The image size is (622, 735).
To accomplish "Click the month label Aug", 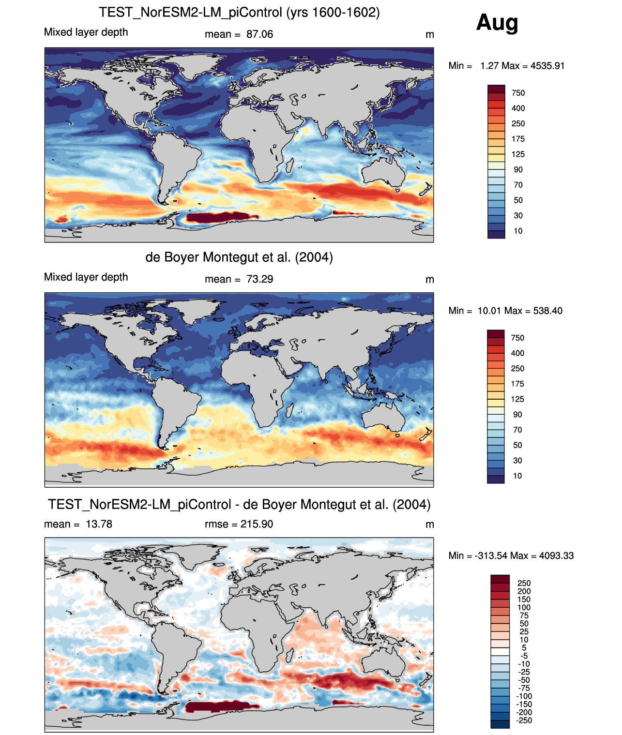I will (497, 22).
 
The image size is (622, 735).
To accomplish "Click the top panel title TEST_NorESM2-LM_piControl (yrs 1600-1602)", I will (239, 12).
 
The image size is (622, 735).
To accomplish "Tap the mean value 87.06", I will (259, 34).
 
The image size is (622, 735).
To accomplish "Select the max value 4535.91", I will (547, 66).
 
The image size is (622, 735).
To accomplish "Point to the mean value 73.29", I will (259, 279).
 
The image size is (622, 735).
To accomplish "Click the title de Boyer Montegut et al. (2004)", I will (239, 257).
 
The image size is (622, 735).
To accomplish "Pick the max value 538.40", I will (548, 311).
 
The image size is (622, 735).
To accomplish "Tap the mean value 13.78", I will (99, 524).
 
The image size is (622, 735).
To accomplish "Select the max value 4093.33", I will (557, 555).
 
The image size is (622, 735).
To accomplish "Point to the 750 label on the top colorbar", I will (518, 93).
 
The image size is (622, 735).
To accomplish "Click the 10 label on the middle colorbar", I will (517, 476).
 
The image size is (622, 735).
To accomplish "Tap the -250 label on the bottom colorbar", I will (524, 720).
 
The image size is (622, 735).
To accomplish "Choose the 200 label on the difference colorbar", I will (524, 591).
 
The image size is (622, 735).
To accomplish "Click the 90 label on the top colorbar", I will (518, 169).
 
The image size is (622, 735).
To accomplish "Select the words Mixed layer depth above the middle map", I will (86, 277).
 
